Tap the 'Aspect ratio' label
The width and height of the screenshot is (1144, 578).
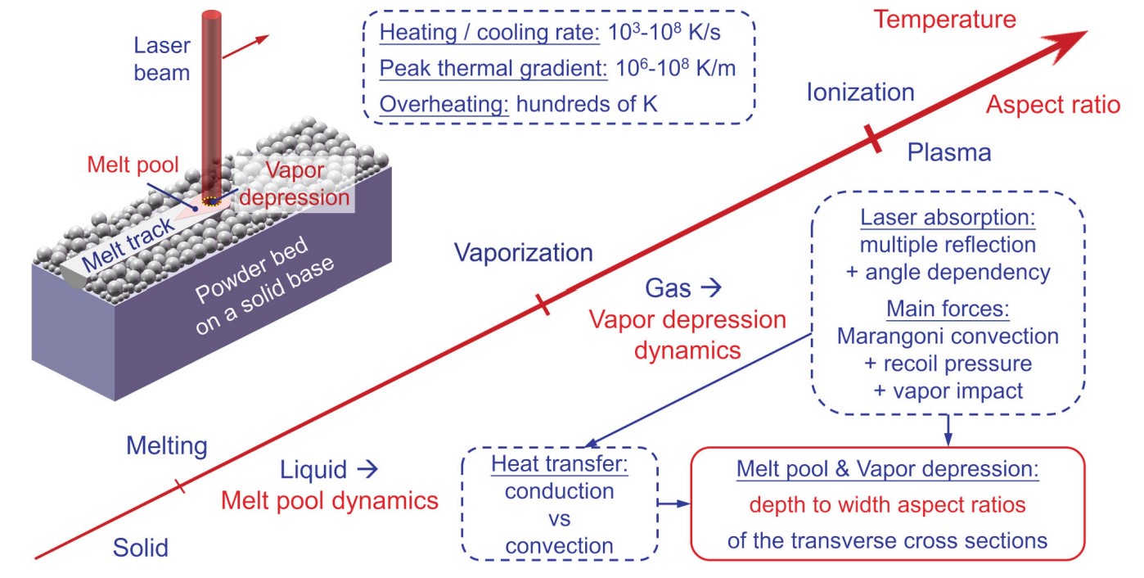[x=1052, y=105]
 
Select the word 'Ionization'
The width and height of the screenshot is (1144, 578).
[x=860, y=92]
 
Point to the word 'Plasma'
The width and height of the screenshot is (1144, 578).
[x=949, y=152]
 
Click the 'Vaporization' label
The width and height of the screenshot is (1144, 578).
[x=524, y=253]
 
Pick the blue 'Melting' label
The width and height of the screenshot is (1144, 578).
[x=167, y=446]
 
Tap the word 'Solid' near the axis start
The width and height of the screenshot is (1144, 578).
[x=141, y=547]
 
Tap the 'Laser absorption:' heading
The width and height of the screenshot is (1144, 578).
[x=948, y=220]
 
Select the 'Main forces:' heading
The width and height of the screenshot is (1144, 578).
[x=948, y=312]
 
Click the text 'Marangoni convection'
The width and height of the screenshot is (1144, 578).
[x=948, y=336]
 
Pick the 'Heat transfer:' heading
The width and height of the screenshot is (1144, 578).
[x=559, y=465]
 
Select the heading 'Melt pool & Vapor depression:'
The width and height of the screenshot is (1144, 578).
[x=888, y=471]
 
